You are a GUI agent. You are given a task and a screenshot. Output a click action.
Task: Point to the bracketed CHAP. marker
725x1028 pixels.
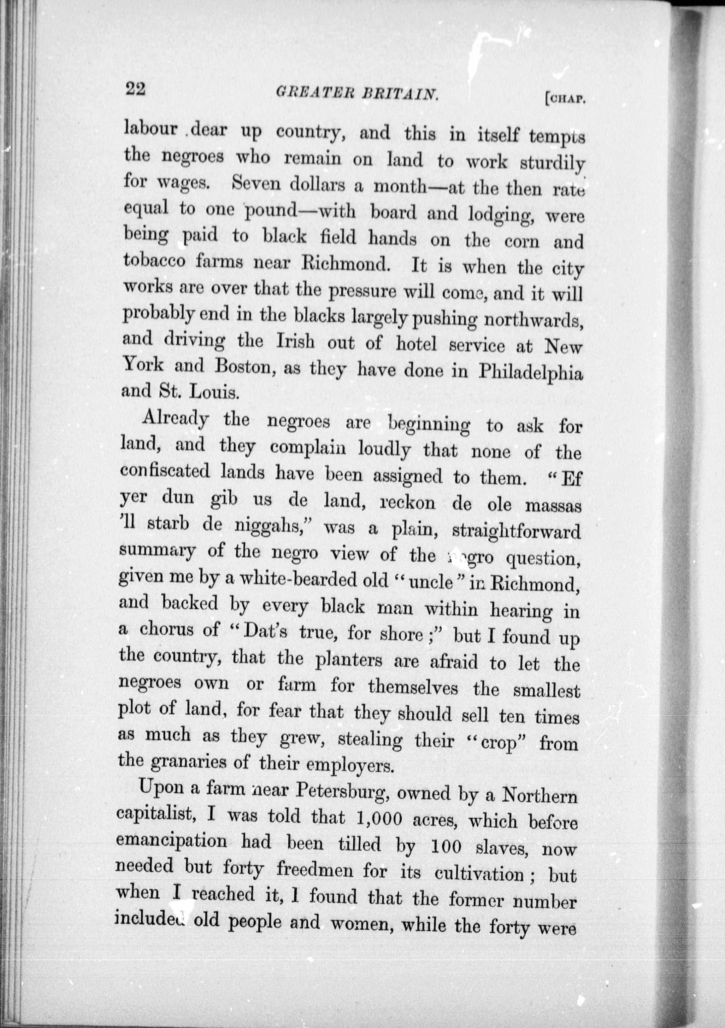point(565,99)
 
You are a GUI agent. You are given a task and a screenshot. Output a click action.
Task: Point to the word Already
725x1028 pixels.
point(176,419)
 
